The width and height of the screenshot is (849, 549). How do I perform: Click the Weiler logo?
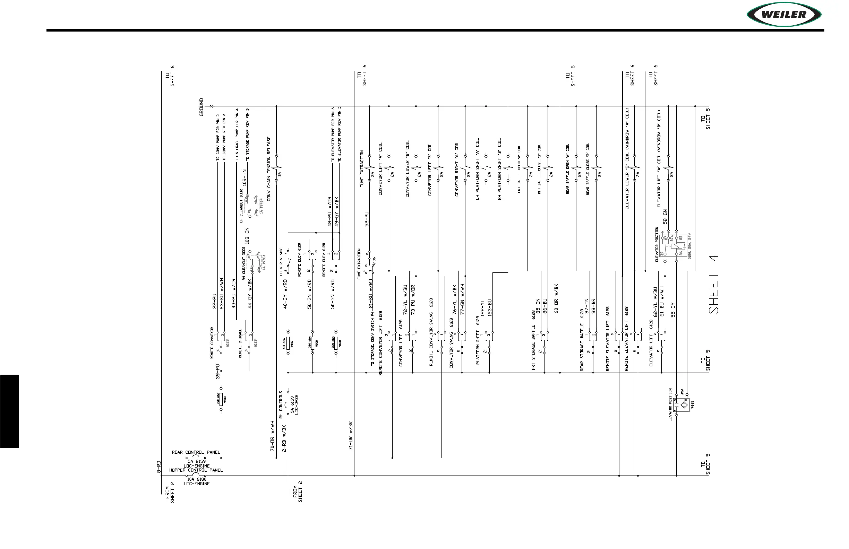784,15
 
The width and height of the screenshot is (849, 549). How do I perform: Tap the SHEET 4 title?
713,284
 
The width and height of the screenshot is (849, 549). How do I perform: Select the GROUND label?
201,107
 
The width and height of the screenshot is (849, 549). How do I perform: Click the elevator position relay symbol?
674,246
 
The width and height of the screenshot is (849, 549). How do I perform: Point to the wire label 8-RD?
159,467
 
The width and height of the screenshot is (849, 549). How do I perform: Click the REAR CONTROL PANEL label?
196,452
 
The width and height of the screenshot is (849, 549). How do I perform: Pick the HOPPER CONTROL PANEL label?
196,470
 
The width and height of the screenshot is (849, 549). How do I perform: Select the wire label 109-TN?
245,177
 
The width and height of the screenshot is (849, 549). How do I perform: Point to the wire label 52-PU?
366,219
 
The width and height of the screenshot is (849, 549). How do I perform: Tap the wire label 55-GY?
673,310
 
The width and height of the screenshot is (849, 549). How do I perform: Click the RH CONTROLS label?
281,405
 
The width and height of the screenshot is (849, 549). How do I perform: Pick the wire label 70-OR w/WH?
272,436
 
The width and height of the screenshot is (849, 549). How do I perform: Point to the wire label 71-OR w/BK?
351,436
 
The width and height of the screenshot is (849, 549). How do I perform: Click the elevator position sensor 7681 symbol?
681,405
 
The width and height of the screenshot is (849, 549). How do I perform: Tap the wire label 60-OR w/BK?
556,299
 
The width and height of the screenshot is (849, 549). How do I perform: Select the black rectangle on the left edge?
9,411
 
